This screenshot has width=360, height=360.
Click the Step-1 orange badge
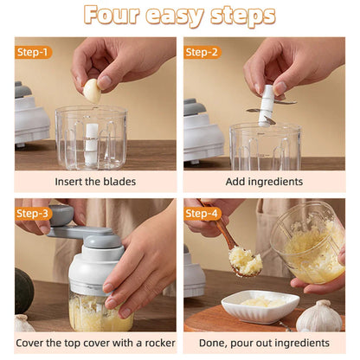tap(33, 52)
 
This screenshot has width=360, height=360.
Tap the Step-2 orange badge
tap(202, 52)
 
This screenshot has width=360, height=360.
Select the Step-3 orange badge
tap(33, 214)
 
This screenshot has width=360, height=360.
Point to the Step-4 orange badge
tap(202, 214)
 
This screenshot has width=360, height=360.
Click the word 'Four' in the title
tap(112, 15)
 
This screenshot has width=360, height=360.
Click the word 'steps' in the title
tap(243, 16)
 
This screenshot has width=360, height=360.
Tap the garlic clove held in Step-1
tap(93, 91)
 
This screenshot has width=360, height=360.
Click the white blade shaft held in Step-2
tap(266, 106)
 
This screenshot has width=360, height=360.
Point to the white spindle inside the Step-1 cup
tap(91, 144)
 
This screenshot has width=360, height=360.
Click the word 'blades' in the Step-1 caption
tap(119, 182)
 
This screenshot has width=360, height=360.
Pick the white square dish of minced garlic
tap(260, 305)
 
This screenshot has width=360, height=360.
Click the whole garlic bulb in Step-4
tap(319, 316)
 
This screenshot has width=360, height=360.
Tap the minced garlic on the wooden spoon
tap(245, 260)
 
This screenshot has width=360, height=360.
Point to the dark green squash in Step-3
tap(24, 291)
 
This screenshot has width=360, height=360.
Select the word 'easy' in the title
tap(175, 16)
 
